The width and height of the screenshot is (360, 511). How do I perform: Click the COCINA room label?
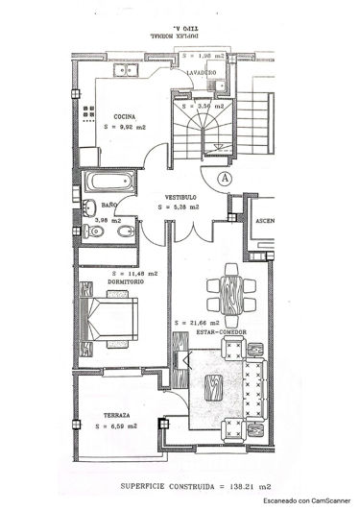[x=123, y=116]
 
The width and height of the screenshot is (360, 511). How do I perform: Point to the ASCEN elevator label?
[x=266, y=223]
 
